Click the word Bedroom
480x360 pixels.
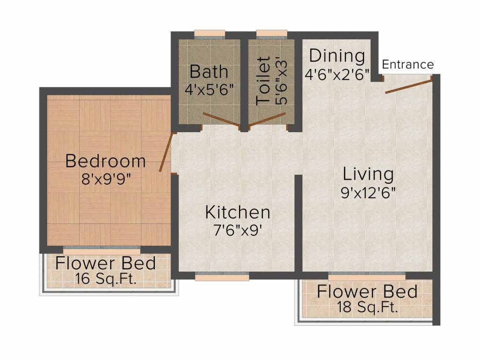click(x=105, y=161)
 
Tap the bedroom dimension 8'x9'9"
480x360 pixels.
click(x=105, y=179)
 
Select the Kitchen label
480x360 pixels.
click(x=238, y=212)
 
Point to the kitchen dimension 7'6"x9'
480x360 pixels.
click(x=238, y=230)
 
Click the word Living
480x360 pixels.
click(x=368, y=174)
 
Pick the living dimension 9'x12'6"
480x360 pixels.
click(x=368, y=192)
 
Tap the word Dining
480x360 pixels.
click(x=337, y=56)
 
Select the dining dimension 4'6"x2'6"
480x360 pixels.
click(x=337, y=74)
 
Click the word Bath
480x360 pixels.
click(x=209, y=72)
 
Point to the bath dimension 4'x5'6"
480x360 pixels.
click(x=209, y=89)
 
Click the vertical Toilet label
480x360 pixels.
click(x=263, y=80)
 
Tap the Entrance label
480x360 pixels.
click(x=408, y=65)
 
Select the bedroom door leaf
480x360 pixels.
click(x=166, y=153)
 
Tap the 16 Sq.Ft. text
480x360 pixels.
click(x=105, y=279)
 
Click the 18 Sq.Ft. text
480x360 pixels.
click(x=367, y=308)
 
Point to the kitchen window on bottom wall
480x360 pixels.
click(x=222, y=277)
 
